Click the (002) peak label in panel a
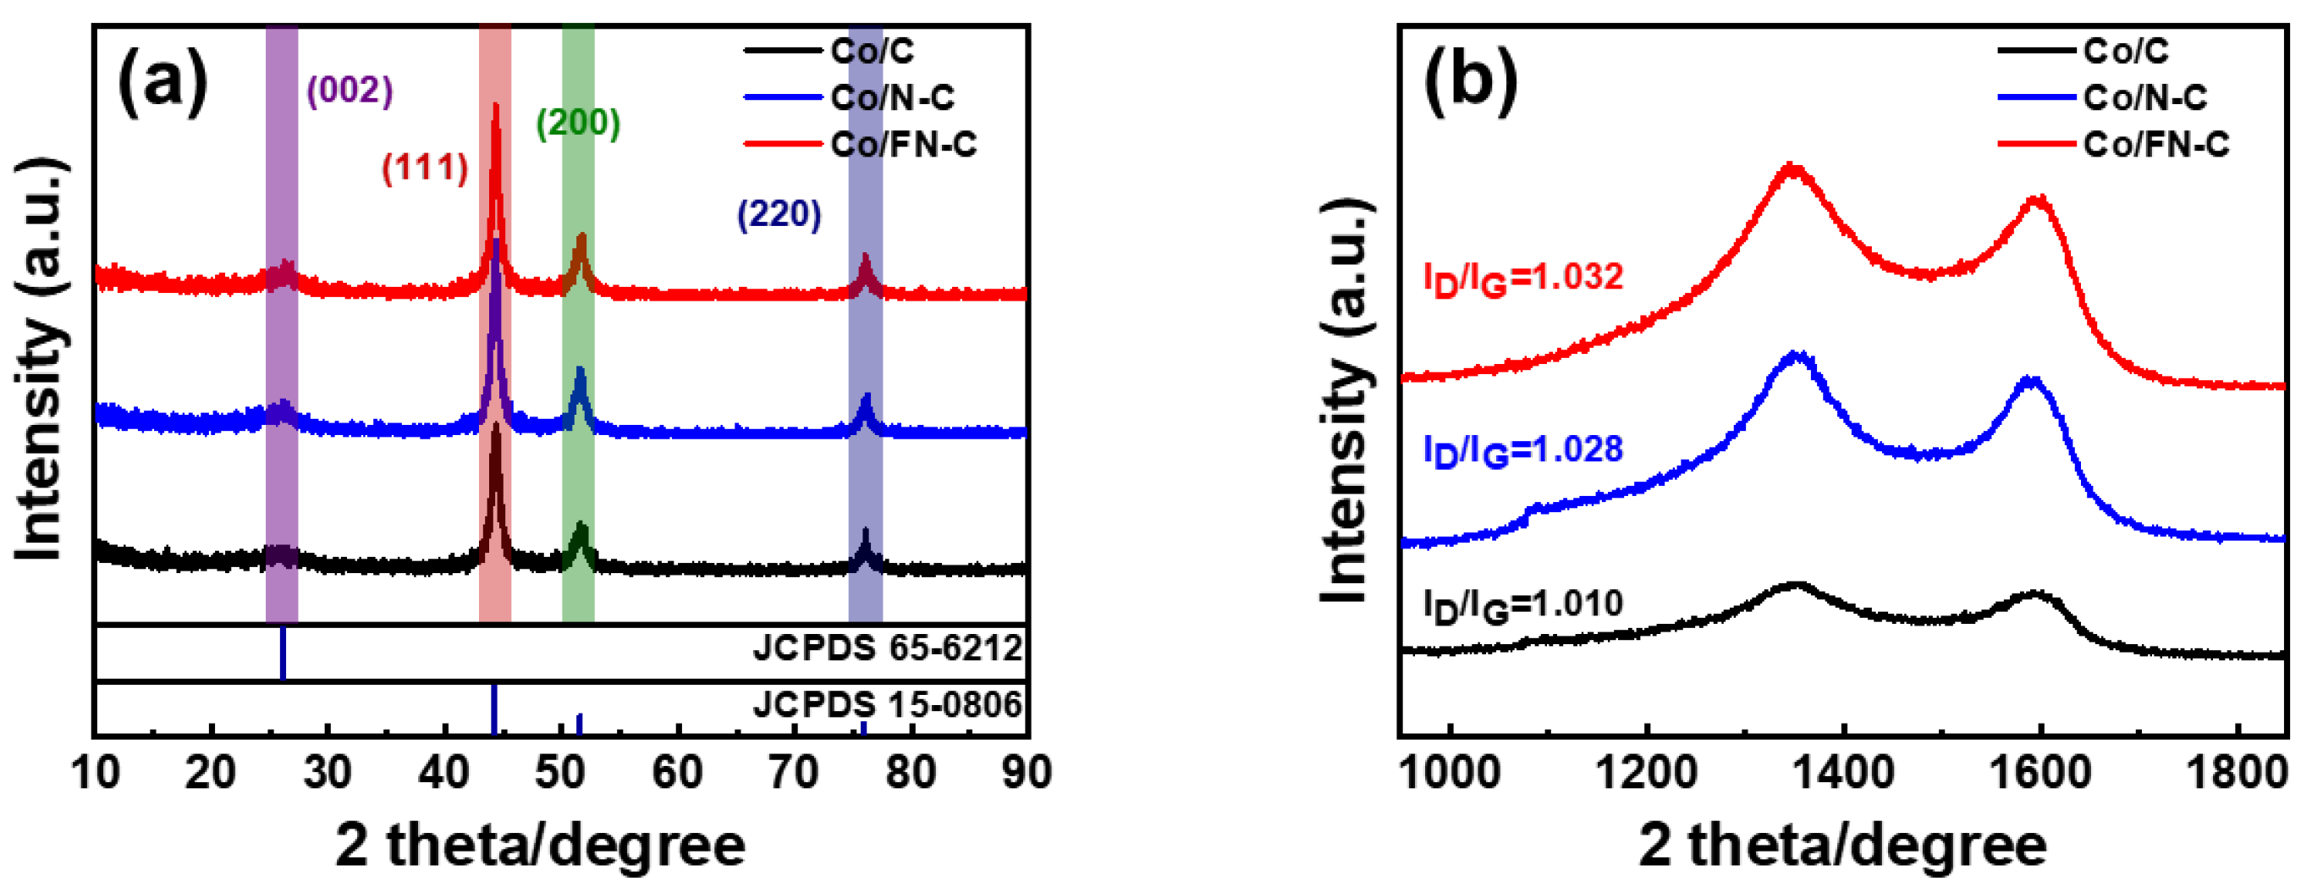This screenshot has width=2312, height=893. click(350, 91)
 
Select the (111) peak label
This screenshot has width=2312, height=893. click(425, 168)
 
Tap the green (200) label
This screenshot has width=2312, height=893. click(578, 122)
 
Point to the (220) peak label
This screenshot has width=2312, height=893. click(779, 214)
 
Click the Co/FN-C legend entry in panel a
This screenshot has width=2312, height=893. click(903, 145)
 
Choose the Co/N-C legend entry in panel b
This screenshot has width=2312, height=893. click(2145, 97)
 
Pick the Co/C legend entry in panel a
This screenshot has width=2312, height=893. click(872, 51)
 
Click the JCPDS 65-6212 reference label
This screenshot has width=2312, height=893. click(887, 647)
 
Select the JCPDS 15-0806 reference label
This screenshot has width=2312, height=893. click(887, 704)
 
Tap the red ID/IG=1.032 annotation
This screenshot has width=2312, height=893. click(1523, 278)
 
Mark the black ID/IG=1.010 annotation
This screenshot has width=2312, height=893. click(1523, 605)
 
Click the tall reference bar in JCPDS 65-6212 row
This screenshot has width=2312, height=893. click(283, 653)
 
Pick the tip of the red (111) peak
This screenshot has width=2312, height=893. click(495, 106)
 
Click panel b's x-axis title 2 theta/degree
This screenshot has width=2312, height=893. click(1842, 846)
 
